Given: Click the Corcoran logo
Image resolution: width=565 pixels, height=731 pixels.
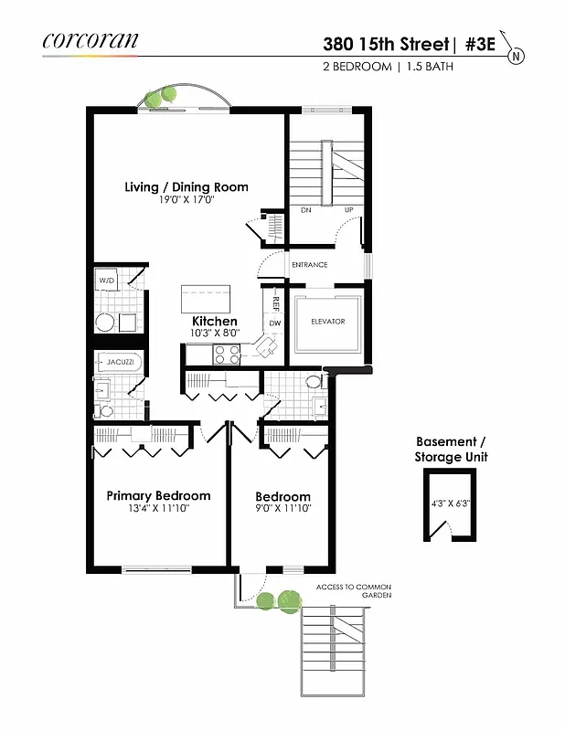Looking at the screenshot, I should [x=91, y=40].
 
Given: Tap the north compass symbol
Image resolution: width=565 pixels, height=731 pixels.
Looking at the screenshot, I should [x=517, y=56].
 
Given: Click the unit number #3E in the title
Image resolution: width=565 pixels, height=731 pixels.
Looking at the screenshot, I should [x=477, y=44].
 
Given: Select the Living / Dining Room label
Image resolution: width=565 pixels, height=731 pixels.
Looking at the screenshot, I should [x=187, y=187].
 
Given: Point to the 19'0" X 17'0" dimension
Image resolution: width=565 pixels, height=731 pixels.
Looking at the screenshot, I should [x=187, y=200].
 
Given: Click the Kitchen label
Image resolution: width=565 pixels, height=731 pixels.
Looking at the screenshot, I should [x=215, y=322].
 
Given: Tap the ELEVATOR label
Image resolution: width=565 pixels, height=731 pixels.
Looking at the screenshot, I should [x=326, y=322].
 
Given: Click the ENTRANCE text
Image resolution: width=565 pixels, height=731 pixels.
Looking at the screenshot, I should [x=309, y=265].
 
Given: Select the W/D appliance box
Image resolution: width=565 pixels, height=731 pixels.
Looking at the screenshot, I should [x=107, y=281].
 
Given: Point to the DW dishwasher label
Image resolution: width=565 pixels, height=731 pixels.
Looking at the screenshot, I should [x=274, y=323].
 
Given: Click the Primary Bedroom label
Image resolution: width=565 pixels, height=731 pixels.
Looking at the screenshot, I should [x=158, y=496].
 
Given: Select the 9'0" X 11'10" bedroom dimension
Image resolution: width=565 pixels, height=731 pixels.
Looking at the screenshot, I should [x=282, y=509].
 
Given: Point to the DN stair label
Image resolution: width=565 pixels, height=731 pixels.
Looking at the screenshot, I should [x=306, y=209].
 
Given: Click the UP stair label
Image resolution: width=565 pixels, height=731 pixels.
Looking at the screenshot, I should [x=347, y=209].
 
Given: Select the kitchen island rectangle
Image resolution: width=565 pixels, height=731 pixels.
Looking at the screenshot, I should [x=207, y=299].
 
